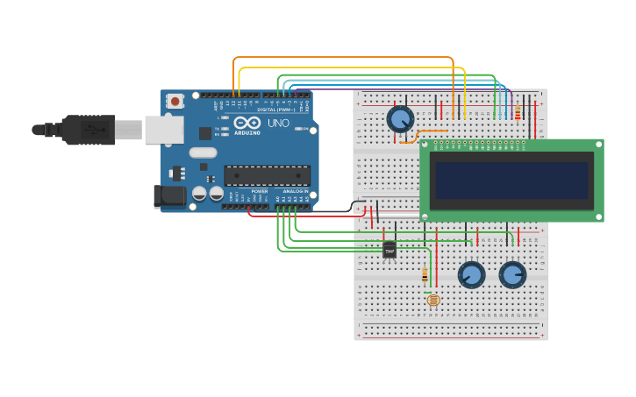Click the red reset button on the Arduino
tap(175, 101)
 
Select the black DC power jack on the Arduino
tap(169, 196)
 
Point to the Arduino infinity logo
tap(247, 123)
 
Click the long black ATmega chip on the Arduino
tap(267, 174)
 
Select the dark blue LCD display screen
tap(511, 180)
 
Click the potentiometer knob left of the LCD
tap(400, 118)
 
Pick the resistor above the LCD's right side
tap(518, 113)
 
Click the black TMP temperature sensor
tap(389, 250)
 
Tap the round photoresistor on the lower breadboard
tap(433, 300)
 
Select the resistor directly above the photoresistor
tap(425, 274)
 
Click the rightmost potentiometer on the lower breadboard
tap(512, 274)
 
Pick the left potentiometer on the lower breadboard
tap(471, 274)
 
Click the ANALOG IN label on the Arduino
tap(295, 191)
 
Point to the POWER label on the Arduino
tap(260, 191)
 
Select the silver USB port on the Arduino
tap(164, 130)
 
